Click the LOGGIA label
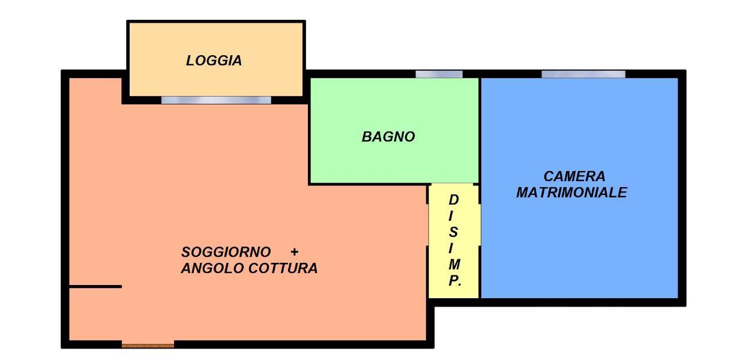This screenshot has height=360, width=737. tap(214, 61)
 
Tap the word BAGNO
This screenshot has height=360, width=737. tap(388, 137)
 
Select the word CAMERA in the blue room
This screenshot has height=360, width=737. tap(574, 176)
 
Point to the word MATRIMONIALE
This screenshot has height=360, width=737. tap(571, 193)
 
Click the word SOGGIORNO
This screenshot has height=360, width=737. tap(226, 252)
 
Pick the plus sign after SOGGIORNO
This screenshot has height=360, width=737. tap(295, 252)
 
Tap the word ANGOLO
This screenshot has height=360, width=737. tap(212, 268)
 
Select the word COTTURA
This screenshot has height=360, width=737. tap(283, 268)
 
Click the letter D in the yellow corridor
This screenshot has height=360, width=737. tap(454, 200)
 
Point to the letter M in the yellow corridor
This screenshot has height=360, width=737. tap(454, 264)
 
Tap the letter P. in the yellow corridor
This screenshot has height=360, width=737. tap(455, 281)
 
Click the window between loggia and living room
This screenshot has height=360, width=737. tap(216, 100)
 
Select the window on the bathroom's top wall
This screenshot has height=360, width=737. tap(439, 74)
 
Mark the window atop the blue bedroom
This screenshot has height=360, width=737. tap(583, 74)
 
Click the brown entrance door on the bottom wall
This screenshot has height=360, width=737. tap(148, 345)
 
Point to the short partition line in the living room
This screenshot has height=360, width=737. tap(95, 287)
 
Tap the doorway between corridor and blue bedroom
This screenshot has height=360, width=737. tap(480, 225)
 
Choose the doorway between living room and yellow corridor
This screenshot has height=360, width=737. tap(428, 225)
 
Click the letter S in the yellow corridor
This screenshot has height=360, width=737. tap(453, 232)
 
